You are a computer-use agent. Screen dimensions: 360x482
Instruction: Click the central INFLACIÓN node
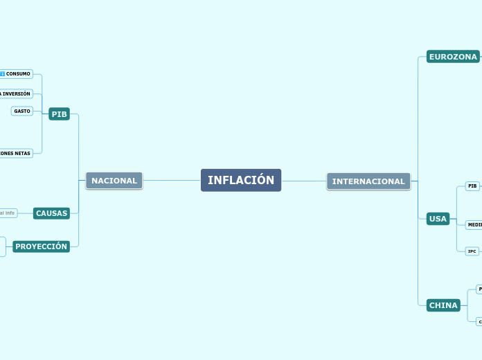pyautogui.click(x=241, y=181)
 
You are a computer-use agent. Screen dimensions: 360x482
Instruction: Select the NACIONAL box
pyautogui.click(x=114, y=181)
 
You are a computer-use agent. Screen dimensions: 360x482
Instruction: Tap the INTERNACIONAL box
pyautogui.click(x=368, y=181)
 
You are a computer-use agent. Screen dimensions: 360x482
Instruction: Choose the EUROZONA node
pyautogui.click(x=453, y=57)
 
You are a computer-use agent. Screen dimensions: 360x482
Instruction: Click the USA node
pyautogui.click(x=438, y=219)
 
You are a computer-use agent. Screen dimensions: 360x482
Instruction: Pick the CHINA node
pyautogui.click(x=443, y=305)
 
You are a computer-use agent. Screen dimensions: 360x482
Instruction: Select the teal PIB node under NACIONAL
pyautogui.click(x=60, y=114)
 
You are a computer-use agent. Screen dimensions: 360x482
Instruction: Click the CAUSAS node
pyautogui.click(x=52, y=213)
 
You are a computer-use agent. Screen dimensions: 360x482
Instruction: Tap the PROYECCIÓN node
pyautogui.click(x=42, y=246)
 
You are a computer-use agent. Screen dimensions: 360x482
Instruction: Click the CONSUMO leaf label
pyautogui.click(x=19, y=73)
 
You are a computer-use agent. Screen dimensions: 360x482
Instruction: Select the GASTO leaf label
pyautogui.click(x=22, y=111)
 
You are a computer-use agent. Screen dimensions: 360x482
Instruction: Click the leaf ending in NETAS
pyautogui.click(x=15, y=153)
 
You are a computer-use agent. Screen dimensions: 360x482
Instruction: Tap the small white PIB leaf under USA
pyautogui.click(x=472, y=186)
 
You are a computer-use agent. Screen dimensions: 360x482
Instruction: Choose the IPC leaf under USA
pyautogui.click(x=472, y=251)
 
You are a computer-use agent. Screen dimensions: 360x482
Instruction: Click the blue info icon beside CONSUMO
pyautogui.click(x=3, y=73)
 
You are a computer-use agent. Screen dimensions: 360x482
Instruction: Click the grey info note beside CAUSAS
pyautogui.click(x=8, y=213)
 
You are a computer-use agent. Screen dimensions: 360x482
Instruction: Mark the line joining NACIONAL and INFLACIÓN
pyautogui.click(x=172, y=181)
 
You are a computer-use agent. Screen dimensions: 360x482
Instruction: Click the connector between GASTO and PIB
pyautogui.click(x=40, y=111)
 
